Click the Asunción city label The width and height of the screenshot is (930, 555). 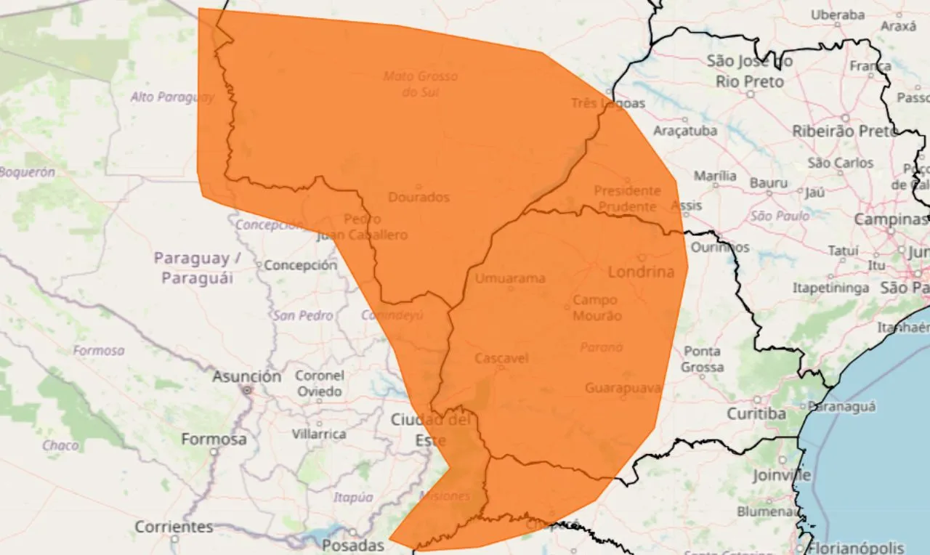tap(246, 376)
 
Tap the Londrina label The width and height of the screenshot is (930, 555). tap(641, 272)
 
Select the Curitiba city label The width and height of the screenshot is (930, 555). tap(756, 413)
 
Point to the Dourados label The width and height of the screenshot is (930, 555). tap(418, 197)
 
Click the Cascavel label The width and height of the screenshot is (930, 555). tap(501, 358)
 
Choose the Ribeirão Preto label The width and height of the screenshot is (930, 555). tap(844, 131)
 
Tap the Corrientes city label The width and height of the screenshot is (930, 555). tap(174, 526)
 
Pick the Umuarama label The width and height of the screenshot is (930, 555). tap(510, 278)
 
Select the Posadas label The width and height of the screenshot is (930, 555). tap(352, 545)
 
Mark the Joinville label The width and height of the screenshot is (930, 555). tap(782, 475)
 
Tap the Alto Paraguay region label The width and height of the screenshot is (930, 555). tap(172, 97)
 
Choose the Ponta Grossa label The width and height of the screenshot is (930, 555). tap(702, 359)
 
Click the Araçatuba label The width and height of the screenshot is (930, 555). tap(685, 131)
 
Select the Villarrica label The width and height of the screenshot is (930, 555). tap(319, 434)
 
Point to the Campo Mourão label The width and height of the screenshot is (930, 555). tap(597, 307)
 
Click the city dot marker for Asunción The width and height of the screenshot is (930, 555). tap(247, 390)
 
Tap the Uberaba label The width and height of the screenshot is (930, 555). tap(837, 15)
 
